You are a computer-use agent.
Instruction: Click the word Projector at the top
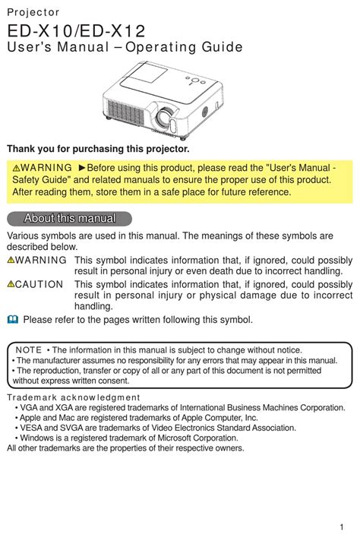pos(33,13)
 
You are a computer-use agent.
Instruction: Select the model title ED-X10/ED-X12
pos(76,31)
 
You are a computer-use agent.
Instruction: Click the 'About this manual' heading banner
pos(70,219)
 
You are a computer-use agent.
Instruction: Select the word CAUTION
pos(40,284)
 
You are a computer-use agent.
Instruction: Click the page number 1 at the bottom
pos(343,528)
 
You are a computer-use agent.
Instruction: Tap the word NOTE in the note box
pos(29,349)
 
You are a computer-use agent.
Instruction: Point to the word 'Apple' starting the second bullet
pos(31,418)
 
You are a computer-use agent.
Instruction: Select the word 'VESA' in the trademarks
pos(33,428)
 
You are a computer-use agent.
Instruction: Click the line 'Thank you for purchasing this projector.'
pos(98,148)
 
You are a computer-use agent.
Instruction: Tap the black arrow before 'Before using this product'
pos(83,167)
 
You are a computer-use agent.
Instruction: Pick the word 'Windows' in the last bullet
pos(37,438)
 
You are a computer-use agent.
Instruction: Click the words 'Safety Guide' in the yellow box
pos(39,179)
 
